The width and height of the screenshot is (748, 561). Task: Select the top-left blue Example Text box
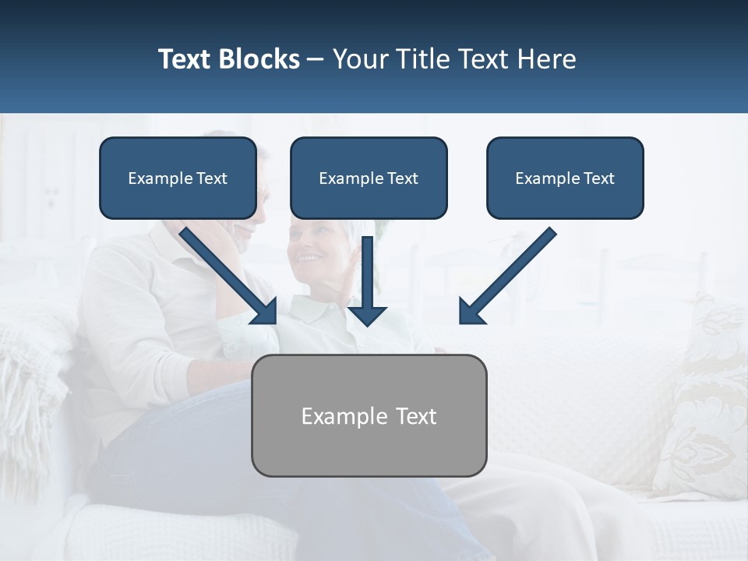pyautogui.click(x=178, y=178)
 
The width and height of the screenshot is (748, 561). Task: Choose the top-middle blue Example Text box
pyautogui.click(x=369, y=178)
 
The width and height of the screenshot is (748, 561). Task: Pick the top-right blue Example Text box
pyautogui.click(x=565, y=178)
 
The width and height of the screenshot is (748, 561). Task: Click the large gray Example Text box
pyautogui.click(x=369, y=415)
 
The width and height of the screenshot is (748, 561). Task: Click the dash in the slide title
pyautogui.click(x=316, y=59)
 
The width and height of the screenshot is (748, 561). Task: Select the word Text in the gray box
pyautogui.click(x=415, y=416)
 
